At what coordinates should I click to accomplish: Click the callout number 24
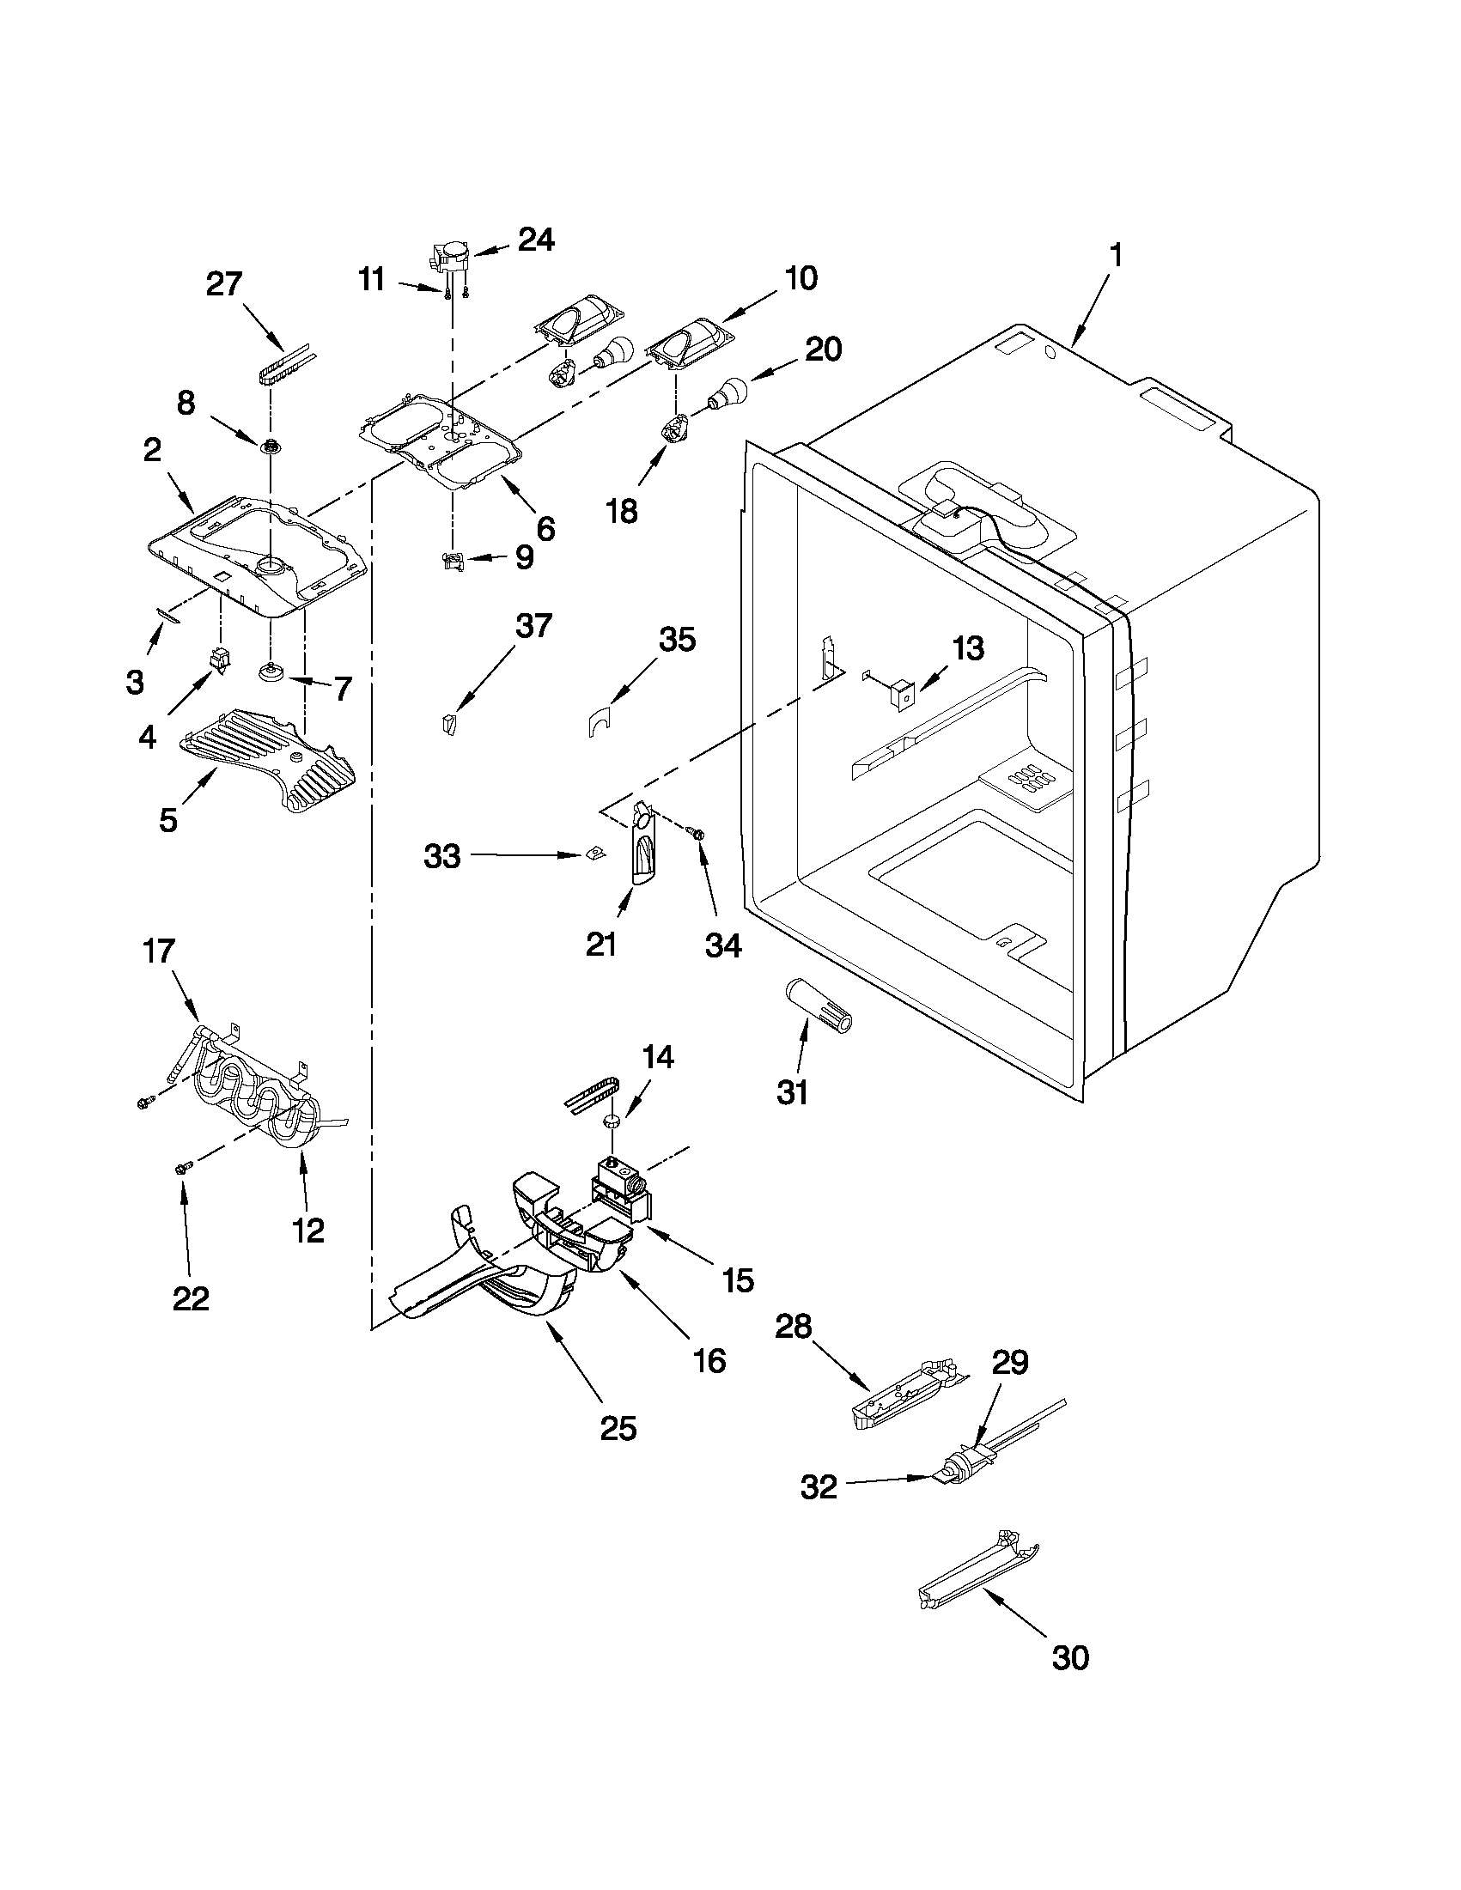[536, 240]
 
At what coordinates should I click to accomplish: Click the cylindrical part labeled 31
[818, 1006]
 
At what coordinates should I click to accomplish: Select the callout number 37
[533, 625]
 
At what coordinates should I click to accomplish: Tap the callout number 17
[159, 951]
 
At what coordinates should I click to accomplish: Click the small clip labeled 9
[453, 562]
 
